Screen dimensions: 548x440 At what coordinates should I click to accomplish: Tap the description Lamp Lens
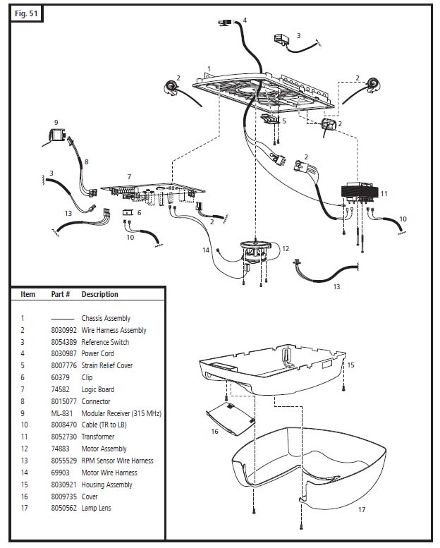pyautogui.click(x=96, y=508)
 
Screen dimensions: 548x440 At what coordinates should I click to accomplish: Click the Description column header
pyautogui.click(x=100, y=294)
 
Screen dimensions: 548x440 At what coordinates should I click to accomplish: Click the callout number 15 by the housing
pyautogui.click(x=350, y=365)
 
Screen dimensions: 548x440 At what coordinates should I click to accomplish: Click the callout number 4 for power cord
pyautogui.click(x=245, y=20)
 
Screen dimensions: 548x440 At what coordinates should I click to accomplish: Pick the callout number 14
pyautogui.click(x=206, y=250)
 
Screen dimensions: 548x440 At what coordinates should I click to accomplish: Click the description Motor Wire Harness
pyautogui.click(x=109, y=473)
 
